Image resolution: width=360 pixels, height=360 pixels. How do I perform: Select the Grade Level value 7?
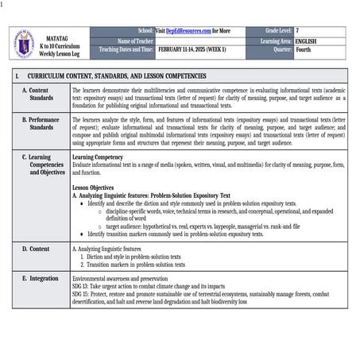(x=297, y=30)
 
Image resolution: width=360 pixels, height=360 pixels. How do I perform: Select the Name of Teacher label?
(x=135, y=40)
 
